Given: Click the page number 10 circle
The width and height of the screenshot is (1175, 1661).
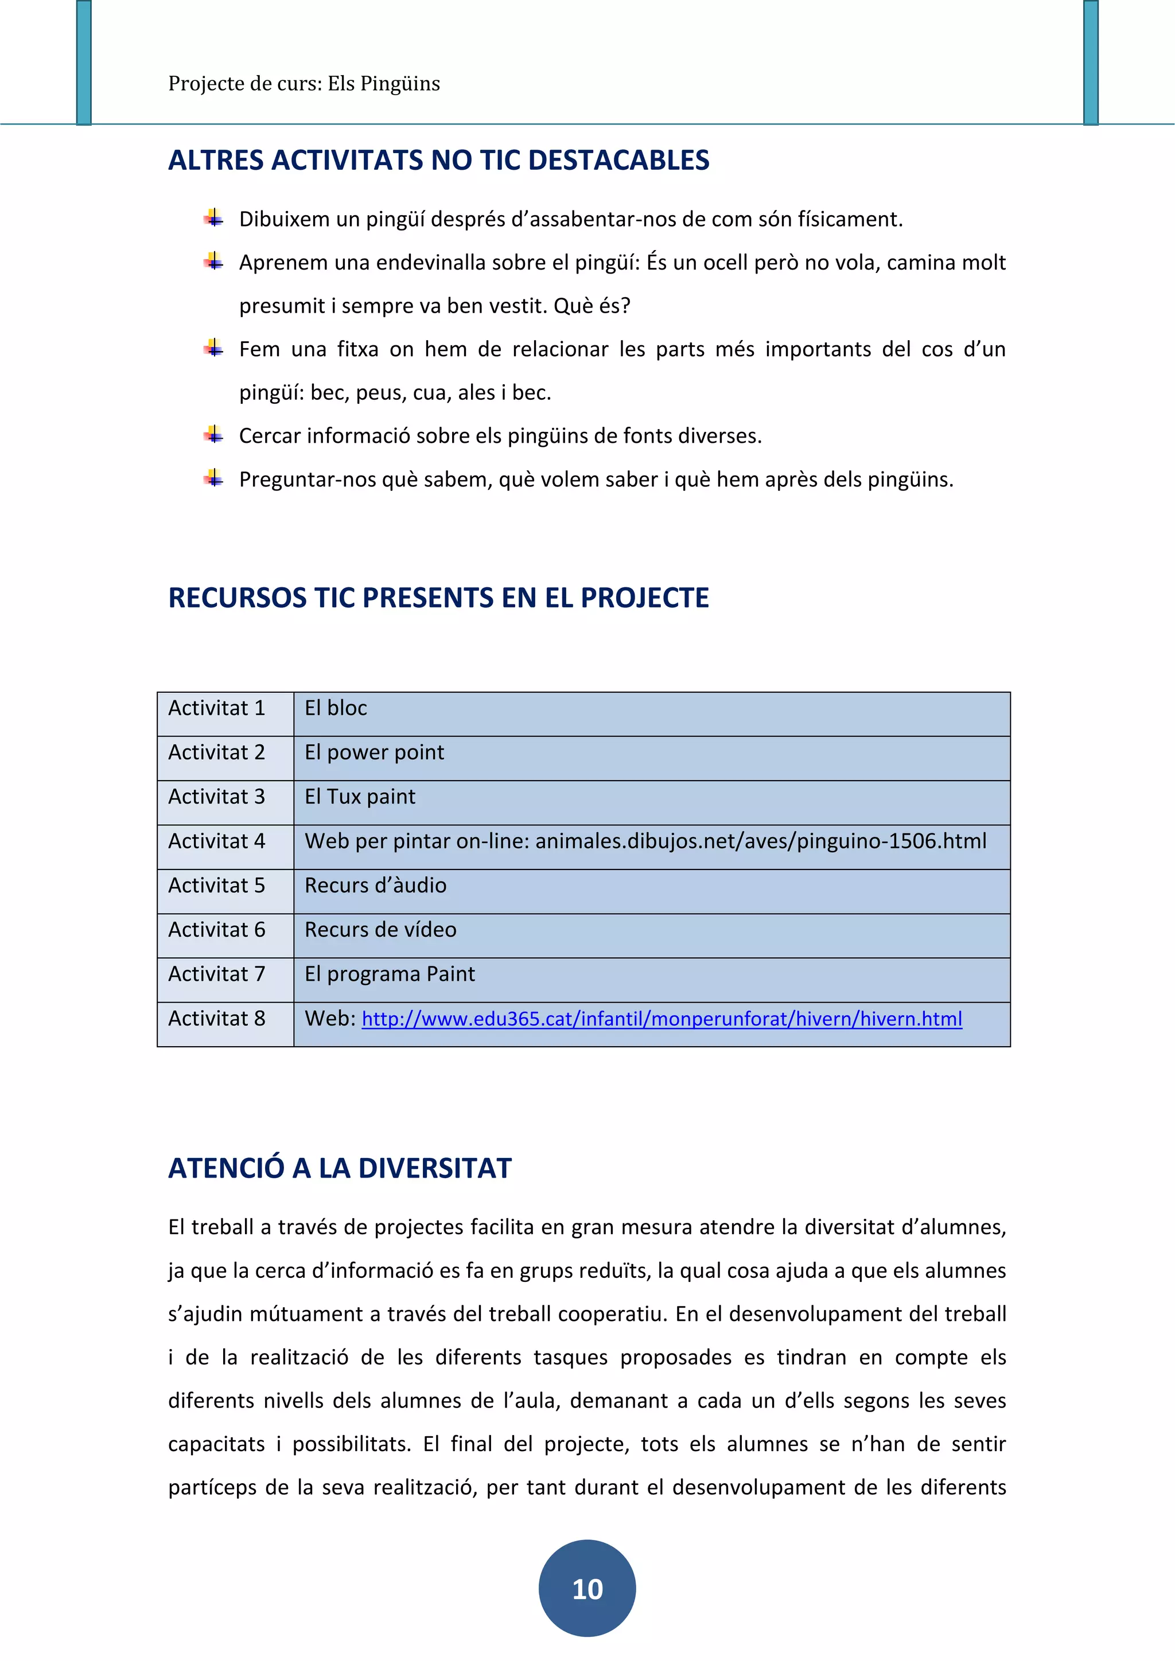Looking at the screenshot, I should point(587,1588).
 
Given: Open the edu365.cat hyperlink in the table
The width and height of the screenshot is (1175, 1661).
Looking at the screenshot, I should point(662,1019).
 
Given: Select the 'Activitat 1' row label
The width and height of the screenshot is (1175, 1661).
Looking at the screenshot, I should point(216,708).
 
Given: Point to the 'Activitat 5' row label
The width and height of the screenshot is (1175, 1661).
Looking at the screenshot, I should point(216,886).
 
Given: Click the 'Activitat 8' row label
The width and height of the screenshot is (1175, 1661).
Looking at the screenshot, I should point(216,1019).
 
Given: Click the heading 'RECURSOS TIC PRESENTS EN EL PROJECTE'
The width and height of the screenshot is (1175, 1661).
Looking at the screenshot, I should point(438,598).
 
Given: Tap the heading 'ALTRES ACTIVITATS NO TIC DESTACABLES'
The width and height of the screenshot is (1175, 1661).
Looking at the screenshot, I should point(438,160).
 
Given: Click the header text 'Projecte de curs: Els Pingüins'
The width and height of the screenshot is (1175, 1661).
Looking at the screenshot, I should point(304,84).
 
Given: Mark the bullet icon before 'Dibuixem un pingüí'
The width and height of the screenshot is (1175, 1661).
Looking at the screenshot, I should point(213,218).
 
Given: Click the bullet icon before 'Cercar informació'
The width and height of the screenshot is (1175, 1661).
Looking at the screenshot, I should point(213,435).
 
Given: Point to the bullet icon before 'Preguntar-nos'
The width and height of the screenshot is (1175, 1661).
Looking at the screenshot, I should point(213,478).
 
